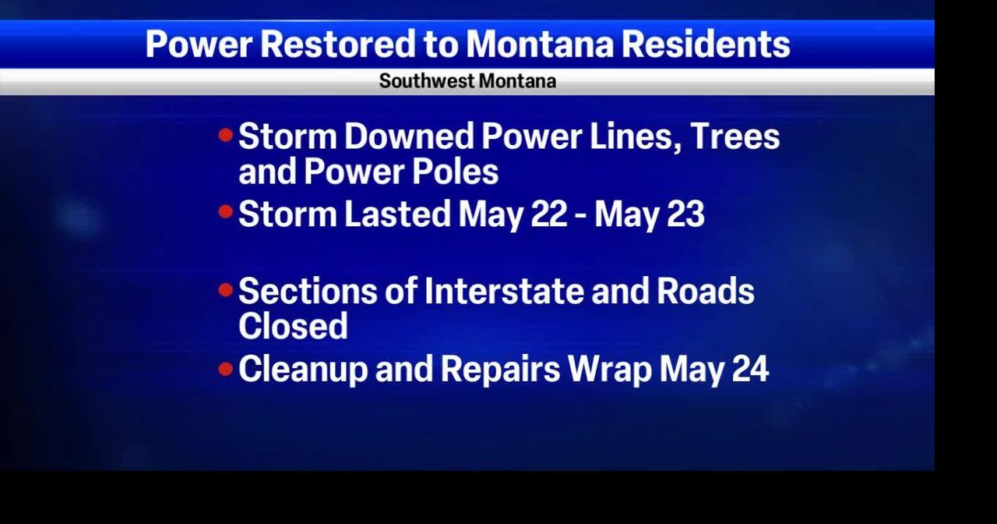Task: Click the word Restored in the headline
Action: [338, 44]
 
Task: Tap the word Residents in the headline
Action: [706, 44]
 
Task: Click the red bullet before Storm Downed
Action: [226, 135]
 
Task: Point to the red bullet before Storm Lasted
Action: [226, 211]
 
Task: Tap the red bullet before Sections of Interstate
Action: [226, 290]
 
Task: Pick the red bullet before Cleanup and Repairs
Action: [226, 369]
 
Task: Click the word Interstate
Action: [504, 292]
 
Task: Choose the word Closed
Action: [293, 326]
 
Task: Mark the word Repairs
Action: [500, 370]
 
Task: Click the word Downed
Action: [409, 136]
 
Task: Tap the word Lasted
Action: [397, 214]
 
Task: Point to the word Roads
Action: [706, 292]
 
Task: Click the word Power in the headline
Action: [199, 44]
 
